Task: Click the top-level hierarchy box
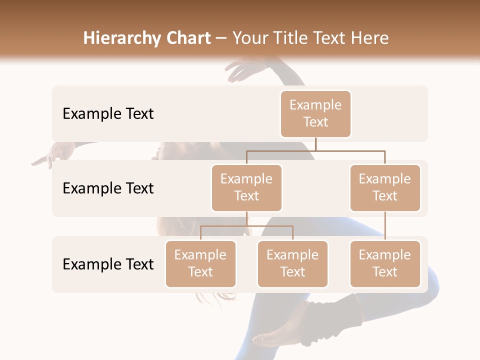pyautogui.click(x=315, y=114)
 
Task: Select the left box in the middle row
pyautogui.click(x=246, y=188)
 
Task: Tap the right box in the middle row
pyautogui.click(x=385, y=188)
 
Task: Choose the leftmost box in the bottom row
pyautogui.click(x=200, y=264)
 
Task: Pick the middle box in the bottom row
pyautogui.click(x=292, y=264)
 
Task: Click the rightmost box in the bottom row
pyautogui.click(x=385, y=264)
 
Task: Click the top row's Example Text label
pyautogui.click(x=108, y=114)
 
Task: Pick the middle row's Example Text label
pyautogui.click(x=108, y=188)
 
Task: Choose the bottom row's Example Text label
pyautogui.click(x=108, y=264)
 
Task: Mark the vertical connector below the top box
pyautogui.click(x=315, y=144)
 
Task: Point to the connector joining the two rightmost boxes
pyautogui.click(x=385, y=226)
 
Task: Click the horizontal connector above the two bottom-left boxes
pyautogui.click(x=246, y=226)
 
